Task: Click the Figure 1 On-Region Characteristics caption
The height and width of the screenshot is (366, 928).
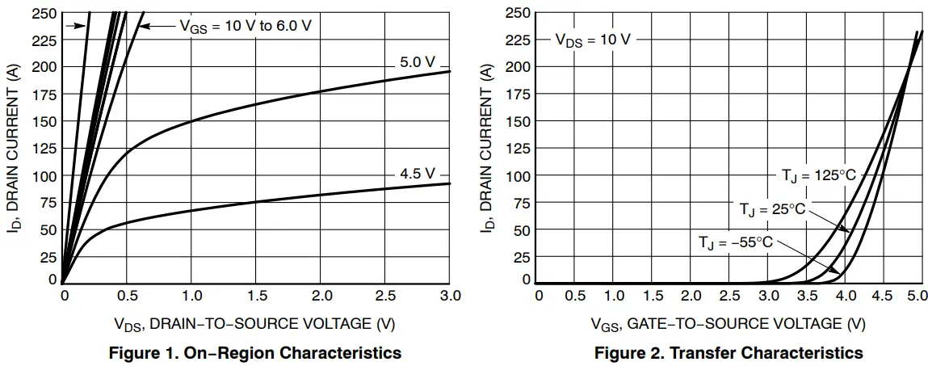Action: tap(256, 353)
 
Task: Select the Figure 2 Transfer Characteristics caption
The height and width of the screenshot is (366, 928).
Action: tap(729, 353)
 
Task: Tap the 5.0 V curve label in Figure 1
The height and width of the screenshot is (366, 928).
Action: tap(417, 62)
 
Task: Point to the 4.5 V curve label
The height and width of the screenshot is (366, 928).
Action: tap(417, 174)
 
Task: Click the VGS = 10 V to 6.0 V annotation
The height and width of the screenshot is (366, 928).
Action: tap(245, 26)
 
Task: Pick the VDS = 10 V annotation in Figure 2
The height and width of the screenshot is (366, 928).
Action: tap(592, 39)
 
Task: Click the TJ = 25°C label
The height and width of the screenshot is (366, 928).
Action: tap(772, 209)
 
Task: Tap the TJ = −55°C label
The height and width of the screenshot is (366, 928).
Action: tap(736, 242)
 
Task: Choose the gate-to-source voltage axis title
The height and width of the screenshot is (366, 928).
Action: tap(729, 324)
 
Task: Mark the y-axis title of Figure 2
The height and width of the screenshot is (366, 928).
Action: tap(486, 148)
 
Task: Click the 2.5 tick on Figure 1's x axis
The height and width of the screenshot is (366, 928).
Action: tap(385, 296)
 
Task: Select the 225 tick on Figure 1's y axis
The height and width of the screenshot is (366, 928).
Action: tap(44, 40)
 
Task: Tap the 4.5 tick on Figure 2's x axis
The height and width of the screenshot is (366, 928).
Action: tap(882, 296)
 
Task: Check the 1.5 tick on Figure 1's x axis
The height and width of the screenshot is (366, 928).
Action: tap(257, 296)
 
